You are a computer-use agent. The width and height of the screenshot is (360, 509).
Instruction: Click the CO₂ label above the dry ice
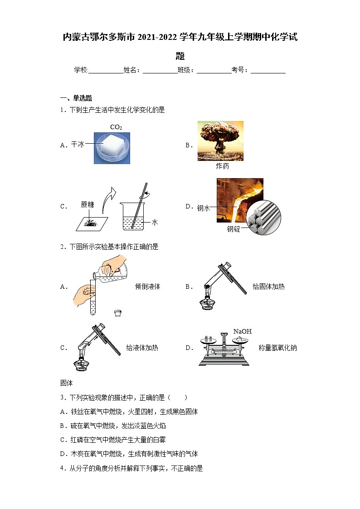coord(116,127)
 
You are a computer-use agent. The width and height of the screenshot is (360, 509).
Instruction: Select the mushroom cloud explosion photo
coord(220,141)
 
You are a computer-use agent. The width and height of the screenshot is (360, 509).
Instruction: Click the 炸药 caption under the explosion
coord(222,166)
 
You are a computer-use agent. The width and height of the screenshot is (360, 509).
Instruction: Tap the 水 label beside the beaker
coord(155,223)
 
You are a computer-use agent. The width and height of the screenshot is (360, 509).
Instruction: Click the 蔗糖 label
coord(88,204)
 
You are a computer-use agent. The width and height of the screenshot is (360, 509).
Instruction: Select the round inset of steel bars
coord(263,217)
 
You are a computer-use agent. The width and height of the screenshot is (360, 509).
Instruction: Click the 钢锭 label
coord(234,229)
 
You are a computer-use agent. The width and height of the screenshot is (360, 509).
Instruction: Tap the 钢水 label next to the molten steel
coord(204,208)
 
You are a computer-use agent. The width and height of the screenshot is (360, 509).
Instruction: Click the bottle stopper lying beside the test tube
coord(117,313)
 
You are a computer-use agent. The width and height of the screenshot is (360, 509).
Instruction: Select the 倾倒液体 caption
coord(148,286)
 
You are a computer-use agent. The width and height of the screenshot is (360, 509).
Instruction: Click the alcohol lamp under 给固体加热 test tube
coord(207,301)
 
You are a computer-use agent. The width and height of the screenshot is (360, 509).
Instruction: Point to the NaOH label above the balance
coord(243,331)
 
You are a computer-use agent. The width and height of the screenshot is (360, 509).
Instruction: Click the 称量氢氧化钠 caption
coord(277,348)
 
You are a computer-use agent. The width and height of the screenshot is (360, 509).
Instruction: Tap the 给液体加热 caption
coord(142,348)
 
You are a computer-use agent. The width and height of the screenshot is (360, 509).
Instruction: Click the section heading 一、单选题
coord(76,98)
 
